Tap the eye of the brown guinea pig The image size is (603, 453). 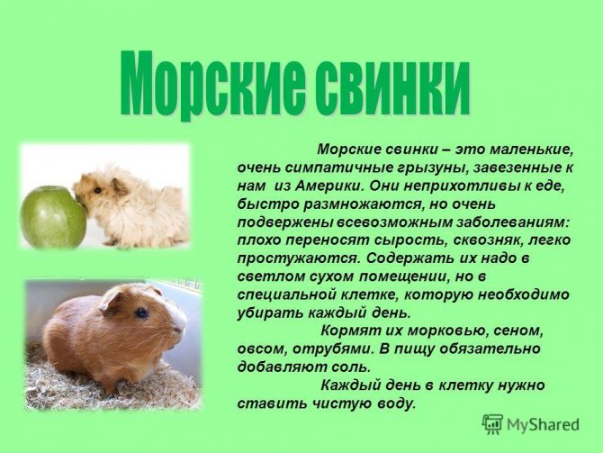[141, 313]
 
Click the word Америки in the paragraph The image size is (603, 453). [321, 185]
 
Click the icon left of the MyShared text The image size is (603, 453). [492, 423]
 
